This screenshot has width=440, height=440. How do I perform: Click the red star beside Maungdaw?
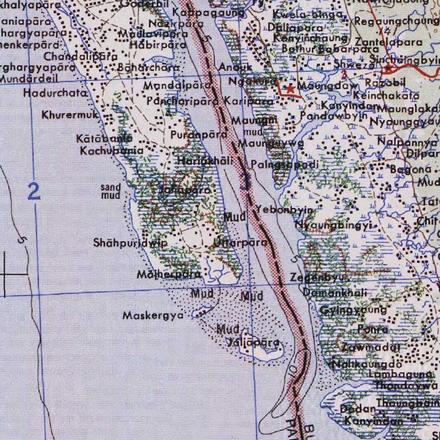click(x=291, y=89)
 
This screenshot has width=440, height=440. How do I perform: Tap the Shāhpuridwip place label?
click(x=130, y=243)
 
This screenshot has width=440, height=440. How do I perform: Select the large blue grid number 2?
click(x=34, y=191)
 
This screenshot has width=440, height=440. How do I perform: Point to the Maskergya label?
click(x=153, y=316)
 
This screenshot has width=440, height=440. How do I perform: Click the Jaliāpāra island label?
click(x=254, y=343)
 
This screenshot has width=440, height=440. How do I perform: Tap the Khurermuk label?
click(x=70, y=115)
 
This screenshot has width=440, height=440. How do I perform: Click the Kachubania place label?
click(x=112, y=151)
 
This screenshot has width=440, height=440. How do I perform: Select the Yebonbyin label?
click(x=285, y=209)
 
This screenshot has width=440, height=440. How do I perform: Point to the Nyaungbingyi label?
click(x=333, y=225)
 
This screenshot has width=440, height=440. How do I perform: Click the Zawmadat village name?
click(x=371, y=347)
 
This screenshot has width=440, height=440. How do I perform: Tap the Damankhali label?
click(x=335, y=293)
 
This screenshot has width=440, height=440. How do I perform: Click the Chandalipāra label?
click(x=80, y=56)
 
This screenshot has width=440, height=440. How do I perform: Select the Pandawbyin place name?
click(x=333, y=116)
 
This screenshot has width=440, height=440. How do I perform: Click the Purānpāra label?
click(x=199, y=135)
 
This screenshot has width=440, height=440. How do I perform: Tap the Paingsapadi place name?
click(x=285, y=164)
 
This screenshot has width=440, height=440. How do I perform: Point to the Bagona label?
click(x=410, y=169)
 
